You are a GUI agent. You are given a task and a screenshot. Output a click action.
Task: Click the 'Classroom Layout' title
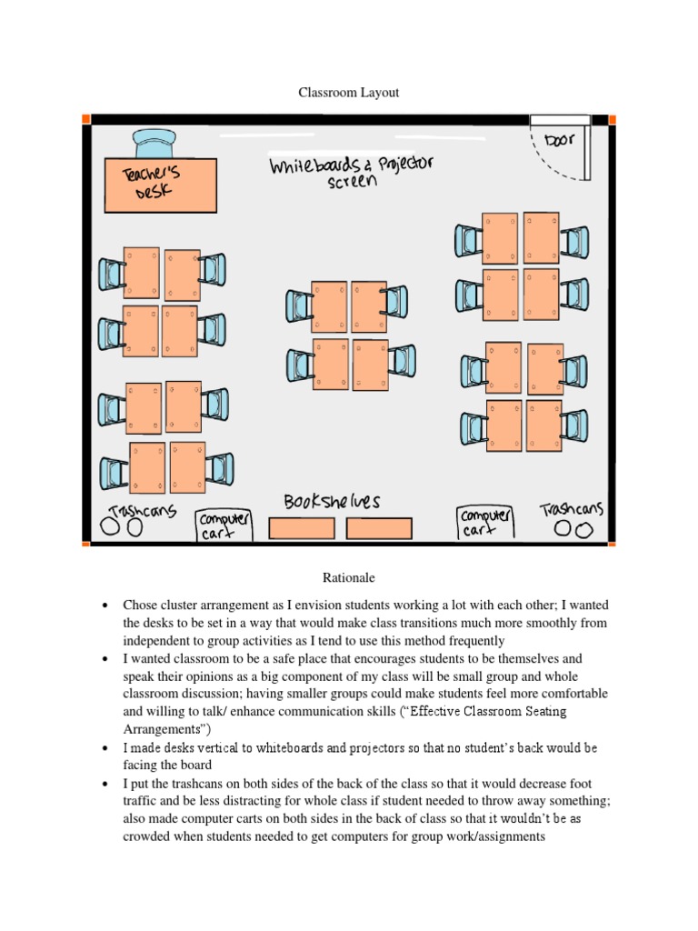pyautogui.click(x=349, y=93)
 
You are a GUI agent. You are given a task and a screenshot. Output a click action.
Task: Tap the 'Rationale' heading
pyautogui.click(x=348, y=577)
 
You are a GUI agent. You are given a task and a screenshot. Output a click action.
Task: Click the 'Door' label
pyautogui.click(x=562, y=141)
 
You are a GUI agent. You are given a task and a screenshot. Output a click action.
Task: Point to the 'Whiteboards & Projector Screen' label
pyautogui.click(x=351, y=172)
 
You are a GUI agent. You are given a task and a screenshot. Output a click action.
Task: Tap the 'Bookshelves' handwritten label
pyautogui.click(x=332, y=502)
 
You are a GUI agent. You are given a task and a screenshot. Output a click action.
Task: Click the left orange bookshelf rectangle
pyautogui.click(x=303, y=528)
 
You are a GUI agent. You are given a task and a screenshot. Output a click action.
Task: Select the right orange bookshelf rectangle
pyautogui.click(x=379, y=528)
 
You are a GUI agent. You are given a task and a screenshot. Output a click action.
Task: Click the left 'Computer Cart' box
pyautogui.click(x=224, y=526)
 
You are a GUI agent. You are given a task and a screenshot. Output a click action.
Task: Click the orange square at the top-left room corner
pyautogui.click(x=86, y=119)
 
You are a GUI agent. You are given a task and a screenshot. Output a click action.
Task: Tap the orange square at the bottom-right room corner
pyautogui.click(x=612, y=543)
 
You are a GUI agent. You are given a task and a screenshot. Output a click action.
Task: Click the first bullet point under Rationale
pyautogui.click(x=106, y=606)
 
